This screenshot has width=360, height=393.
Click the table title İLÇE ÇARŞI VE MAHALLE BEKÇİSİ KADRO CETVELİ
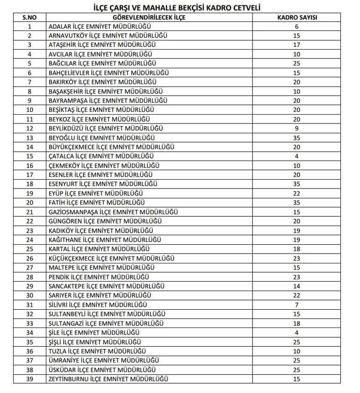(x=180, y=8)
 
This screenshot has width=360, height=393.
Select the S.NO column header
(x=29, y=17)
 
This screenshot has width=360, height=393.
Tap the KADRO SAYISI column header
(x=296, y=17)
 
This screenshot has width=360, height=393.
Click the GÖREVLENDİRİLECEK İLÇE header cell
(x=149, y=17)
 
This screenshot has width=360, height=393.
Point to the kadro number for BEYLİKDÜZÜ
(x=296, y=128)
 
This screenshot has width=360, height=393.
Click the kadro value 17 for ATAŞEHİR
(x=296, y=45)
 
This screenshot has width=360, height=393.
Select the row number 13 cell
(x=29, y=138)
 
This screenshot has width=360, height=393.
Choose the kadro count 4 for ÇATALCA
(x=296, y=156)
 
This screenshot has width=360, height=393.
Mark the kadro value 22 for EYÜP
(x=296, y=193)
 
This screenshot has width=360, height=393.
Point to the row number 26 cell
(x=29, y=258)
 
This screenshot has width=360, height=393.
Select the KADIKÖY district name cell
(x=101, y=230)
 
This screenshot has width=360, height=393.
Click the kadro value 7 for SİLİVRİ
(x=296, y=304)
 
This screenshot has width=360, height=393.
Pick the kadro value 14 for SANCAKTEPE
(x=296, y=286)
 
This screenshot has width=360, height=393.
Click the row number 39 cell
(x=29, y=378)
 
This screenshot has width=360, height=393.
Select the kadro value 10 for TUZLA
(x=296, y=350)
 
